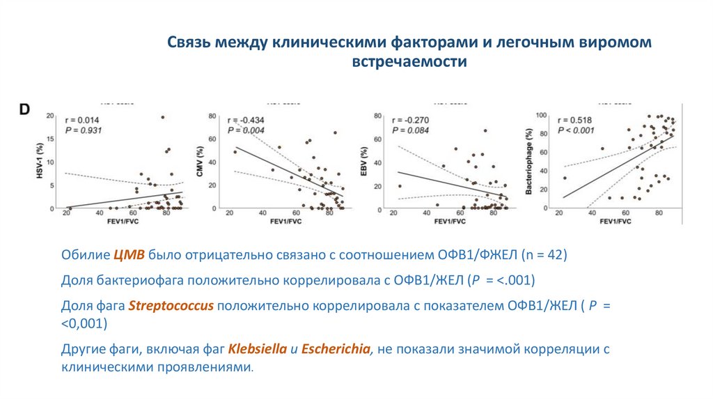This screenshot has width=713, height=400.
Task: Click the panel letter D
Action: coord(24,109)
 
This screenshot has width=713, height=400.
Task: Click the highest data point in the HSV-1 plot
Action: coord(162,117)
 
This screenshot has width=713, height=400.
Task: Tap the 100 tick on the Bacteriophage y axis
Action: coord(539,115)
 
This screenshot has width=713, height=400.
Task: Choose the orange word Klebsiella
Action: coord(258,349)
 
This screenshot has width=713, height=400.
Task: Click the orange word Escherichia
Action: coord(337,349)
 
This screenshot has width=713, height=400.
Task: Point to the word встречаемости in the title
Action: coord(409,62)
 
